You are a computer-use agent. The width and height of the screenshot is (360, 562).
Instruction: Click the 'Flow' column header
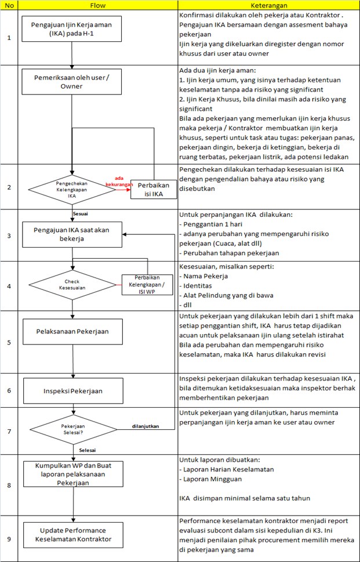coord(98,5)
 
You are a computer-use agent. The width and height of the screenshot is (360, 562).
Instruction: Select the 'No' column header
coord(9,5)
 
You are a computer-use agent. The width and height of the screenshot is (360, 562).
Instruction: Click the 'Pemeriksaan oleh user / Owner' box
coord(72,81)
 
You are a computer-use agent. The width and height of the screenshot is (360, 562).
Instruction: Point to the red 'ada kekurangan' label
coord(118,182)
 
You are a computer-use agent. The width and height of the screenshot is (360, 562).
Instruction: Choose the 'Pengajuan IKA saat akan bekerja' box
coord(72,234)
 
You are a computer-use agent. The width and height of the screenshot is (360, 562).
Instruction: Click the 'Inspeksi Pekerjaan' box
coord(72,390)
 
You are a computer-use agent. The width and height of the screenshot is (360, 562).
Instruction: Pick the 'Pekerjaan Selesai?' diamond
coord(72,429)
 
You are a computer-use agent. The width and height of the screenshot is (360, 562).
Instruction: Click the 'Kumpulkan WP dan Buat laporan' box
coord(72,474)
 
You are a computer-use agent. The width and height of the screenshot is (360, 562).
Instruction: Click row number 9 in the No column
coord(9,538)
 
